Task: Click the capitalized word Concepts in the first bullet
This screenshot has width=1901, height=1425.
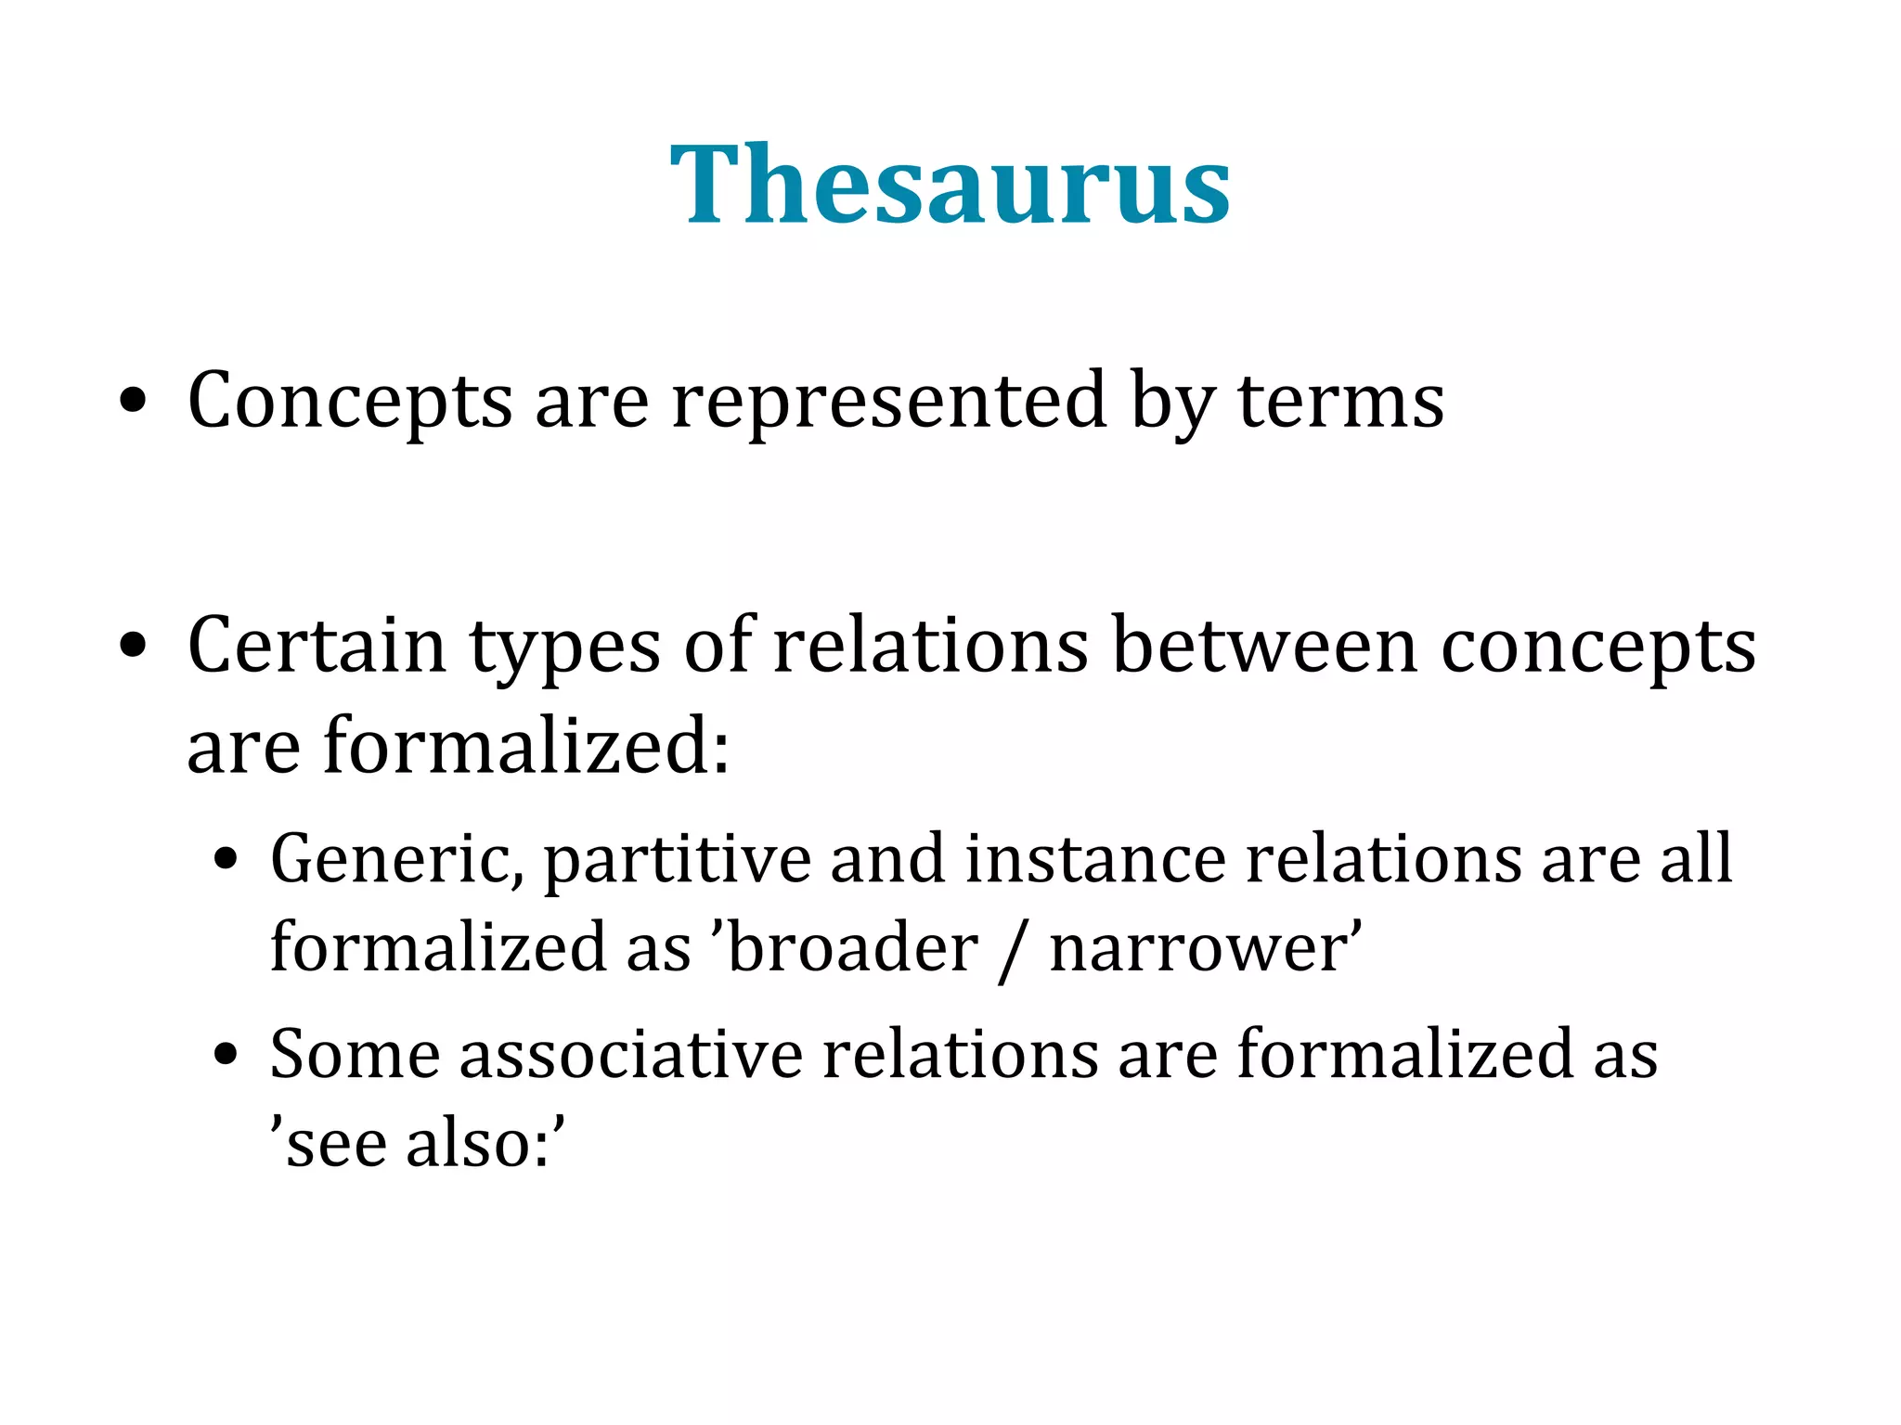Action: click(350, 401)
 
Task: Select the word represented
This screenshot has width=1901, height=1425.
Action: click(888, 401)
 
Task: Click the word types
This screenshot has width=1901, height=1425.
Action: click(564, 648)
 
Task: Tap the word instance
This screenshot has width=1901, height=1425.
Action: click(1094, 858)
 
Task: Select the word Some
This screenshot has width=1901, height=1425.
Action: click(355, 1054)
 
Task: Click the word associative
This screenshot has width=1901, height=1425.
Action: click(631, 1054)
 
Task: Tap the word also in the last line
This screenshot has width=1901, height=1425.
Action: click(477, 1143)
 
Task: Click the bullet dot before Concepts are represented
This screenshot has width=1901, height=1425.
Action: click(134, 402)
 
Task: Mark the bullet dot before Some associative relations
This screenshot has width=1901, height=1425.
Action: click(226, 1055)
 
